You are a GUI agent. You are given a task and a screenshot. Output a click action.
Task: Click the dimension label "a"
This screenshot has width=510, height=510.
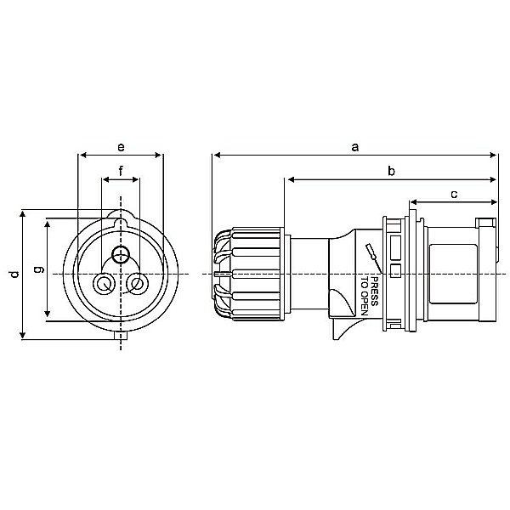tap(355, 147)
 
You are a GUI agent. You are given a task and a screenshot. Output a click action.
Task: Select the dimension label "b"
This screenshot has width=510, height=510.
tap(391, 171)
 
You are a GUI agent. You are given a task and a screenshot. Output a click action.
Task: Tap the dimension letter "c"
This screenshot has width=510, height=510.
tap(454, 194)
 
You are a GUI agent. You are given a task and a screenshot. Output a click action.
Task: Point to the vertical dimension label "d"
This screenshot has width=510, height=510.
tap(13, 275)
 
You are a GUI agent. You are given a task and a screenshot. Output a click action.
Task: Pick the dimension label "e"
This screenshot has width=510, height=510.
tap(120, 147)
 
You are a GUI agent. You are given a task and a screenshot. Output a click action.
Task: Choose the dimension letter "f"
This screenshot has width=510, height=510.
tap(121, 171)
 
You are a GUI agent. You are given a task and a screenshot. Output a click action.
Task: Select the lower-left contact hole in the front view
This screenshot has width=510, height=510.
tap(105, 284)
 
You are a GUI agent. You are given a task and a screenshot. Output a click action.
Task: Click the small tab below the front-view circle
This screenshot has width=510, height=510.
tap(121, 337)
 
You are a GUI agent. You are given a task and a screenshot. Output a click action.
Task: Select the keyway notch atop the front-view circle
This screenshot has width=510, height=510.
tap(121, 223)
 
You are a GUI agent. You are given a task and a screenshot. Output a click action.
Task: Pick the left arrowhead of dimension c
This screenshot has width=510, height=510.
tap(412, 202)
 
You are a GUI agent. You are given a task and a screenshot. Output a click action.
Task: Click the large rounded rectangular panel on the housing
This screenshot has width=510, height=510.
tap(455, 274)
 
